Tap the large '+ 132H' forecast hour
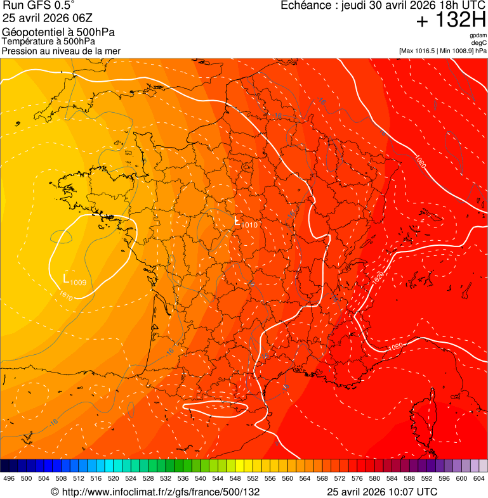451,20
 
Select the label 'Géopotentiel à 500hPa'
59,32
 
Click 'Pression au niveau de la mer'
62,51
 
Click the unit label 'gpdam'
478,36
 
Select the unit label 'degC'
479,43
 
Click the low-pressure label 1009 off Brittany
79,283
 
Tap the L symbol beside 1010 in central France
237,222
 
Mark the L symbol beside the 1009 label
66,278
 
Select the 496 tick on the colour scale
9,478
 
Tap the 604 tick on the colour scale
478,478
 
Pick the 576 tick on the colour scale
357,478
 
